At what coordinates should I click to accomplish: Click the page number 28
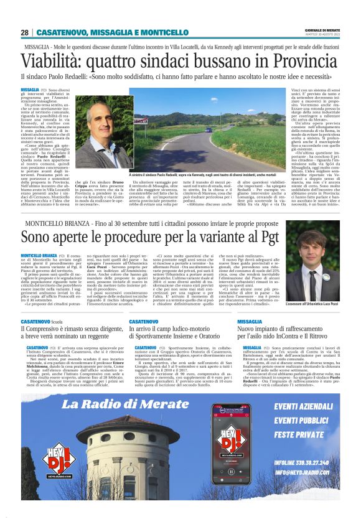(24, 32)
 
